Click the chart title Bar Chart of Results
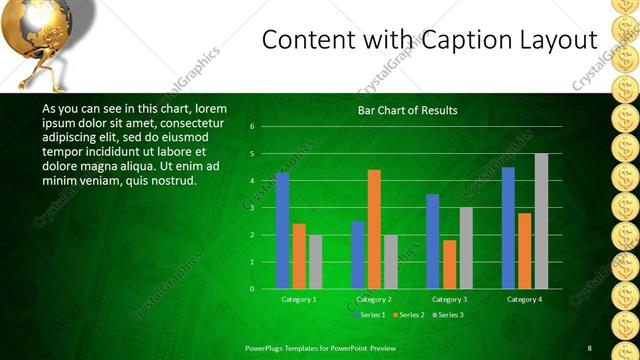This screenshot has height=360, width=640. pos(407,110)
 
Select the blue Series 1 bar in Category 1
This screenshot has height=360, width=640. pos(282,230)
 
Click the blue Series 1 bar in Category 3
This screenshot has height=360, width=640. pos(432,241)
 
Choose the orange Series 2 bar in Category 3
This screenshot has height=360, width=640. pos(449,264)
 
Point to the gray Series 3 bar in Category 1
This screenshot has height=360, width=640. pos(315,261)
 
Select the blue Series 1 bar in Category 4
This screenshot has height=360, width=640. pos(508,227)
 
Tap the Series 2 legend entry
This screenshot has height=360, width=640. pos(408,315)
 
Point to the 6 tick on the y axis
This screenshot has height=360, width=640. pos(252,126)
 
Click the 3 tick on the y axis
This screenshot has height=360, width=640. pos(252,207)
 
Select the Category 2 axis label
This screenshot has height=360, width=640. pos(373,299)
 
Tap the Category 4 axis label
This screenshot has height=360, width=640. pos(524,299)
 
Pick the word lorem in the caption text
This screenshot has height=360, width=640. pos(210,108)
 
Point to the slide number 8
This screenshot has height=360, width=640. pos(589,347)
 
